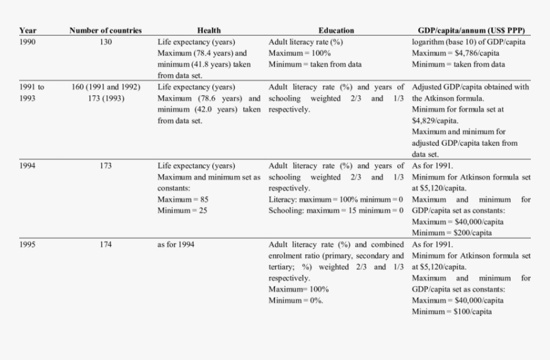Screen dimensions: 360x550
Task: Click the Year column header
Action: tap(27, 30)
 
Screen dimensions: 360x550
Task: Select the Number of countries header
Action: tap(106, 30)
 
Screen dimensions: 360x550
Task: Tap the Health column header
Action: tap(209, 30)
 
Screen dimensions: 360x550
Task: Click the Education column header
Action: tap(336, 30)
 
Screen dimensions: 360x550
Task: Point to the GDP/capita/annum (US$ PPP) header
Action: tap(471, 30)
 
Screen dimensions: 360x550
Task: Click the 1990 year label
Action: tap(27, 42)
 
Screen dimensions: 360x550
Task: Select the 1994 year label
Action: tap(27, 166)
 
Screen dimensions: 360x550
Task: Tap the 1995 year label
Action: tap(27, 244)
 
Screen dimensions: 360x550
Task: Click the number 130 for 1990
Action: tap(106, 42)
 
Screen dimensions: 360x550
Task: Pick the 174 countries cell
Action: tap(106, 244)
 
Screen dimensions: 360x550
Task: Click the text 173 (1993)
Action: tap(106, 98)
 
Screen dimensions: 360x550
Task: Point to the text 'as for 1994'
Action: tap(176, 244)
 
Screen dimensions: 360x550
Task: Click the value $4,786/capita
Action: tap(476, 53)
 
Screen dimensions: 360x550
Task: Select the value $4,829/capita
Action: tap(435, 120)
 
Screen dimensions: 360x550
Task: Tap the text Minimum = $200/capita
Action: tap(452, 233)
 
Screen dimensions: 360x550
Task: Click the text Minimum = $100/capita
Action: tap(452, 311)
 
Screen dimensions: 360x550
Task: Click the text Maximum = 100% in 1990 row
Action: tap(299, 53)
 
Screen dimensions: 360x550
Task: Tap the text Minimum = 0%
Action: tap(296, 301)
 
